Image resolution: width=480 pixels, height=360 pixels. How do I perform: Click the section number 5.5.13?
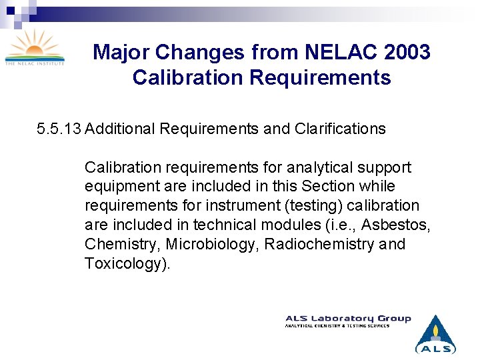(59, 129)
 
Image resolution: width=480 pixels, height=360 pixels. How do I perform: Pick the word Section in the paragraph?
(326, 187)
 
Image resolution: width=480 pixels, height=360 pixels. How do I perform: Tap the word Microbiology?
(213, 245)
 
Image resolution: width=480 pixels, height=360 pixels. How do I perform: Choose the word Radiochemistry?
(319, 245)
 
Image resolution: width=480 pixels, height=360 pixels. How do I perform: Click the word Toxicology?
(126, 264)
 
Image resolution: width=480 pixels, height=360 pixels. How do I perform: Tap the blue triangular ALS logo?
(435, 334)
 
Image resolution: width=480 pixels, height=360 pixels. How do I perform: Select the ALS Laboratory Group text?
(348, 319)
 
